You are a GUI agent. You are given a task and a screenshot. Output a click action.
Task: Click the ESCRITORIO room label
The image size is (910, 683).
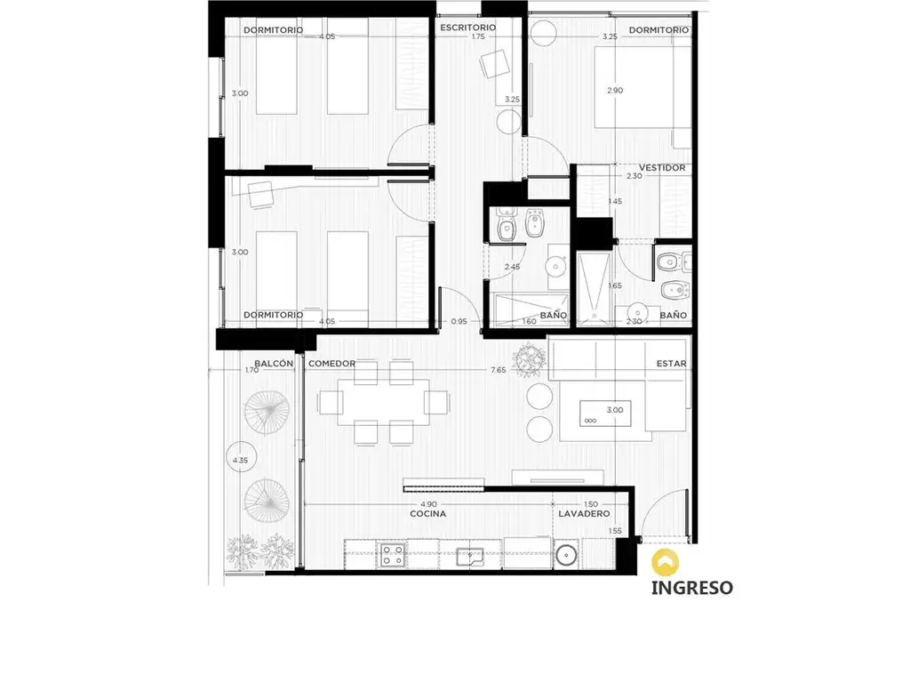pyautogui.click(x=467, y=28)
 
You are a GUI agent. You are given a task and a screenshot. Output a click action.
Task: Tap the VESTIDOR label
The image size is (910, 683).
pyautogui.click(x=662, y=168)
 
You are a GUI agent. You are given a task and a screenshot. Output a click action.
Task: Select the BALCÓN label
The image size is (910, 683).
pyautogui.click(x=274, y=364)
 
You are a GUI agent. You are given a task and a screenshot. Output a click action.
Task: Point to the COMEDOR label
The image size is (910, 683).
pyautogui.click(x=332, y=364)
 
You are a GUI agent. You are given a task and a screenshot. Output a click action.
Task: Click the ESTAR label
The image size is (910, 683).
pyautogui.click(x=672, y=364)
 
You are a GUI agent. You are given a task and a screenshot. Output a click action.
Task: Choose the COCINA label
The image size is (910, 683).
pyautogui.click(x=428, y=514)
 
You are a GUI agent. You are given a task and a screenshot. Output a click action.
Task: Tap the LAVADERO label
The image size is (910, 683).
pyautogui.click(x=584, y=514)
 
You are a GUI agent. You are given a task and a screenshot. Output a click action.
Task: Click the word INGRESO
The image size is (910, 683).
pyautogui.click(x=691, y=588)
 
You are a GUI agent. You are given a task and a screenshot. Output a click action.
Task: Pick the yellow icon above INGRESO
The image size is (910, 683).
pyautogui.click(x=665, y=563)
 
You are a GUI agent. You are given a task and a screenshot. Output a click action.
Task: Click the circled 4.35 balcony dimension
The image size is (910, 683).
pyautogui.click(x=240, y=460)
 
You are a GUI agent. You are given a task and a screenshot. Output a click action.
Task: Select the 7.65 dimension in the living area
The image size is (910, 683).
pyautogui.click(x=499, y=370)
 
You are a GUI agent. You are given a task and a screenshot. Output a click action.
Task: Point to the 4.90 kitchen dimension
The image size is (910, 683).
pyautogui.click(x=429, y=504)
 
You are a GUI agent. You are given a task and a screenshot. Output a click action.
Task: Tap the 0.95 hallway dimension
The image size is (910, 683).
pyautogui.click(x=459, y=321)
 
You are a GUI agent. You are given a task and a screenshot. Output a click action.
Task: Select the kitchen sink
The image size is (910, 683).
pyautogui.click(x=469, y=557)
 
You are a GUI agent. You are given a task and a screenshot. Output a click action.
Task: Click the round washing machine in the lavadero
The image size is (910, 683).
pyautogui.click(x=566, y=556)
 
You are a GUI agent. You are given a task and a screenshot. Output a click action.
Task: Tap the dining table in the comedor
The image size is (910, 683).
pyautogui.click(x=384, y=403)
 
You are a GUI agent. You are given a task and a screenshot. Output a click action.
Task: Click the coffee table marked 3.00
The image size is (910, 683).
pyautogui.click(x=605, y=413)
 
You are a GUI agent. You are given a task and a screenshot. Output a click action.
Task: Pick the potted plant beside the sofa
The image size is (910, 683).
pyautogui.click(x=530, y=360)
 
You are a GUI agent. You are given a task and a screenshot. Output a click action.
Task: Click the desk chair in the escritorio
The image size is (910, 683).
pyautogui.click(x=495, y=63)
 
